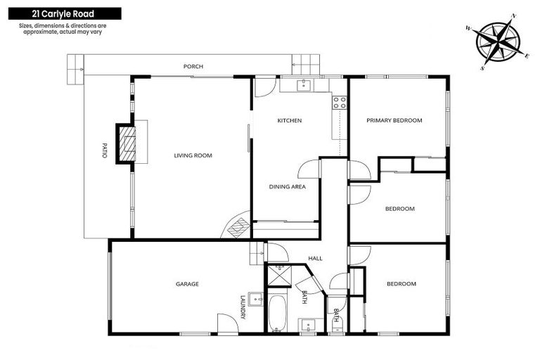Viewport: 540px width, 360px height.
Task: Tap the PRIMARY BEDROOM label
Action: point(394,121)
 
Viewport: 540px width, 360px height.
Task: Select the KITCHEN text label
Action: point(289,121)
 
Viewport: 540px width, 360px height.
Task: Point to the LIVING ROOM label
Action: point(193,155)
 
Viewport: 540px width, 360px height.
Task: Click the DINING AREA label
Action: point(287,187)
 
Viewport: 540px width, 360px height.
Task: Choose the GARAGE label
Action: point(187,284)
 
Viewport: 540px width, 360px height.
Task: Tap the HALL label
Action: point(315,259)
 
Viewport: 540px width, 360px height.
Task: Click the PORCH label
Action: point(193,67)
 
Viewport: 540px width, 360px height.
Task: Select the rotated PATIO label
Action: point(105,150)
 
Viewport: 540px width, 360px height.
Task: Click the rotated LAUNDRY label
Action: point(243,306)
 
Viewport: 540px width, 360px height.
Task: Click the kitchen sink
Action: point(304,85)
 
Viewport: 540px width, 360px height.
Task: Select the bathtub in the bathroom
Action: point(276,312)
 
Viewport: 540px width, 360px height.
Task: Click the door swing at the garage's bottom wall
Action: point(226,323)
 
